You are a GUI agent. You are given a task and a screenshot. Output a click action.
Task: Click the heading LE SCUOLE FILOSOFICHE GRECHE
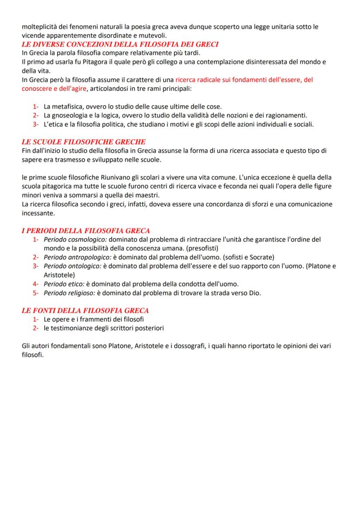click(84, 142)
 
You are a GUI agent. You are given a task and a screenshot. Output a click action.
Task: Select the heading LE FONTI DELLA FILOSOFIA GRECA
click(85, 311)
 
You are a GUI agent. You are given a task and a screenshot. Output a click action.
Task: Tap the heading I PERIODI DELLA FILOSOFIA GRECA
click(86, 231)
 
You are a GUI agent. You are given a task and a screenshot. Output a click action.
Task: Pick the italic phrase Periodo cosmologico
click(75, 240)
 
